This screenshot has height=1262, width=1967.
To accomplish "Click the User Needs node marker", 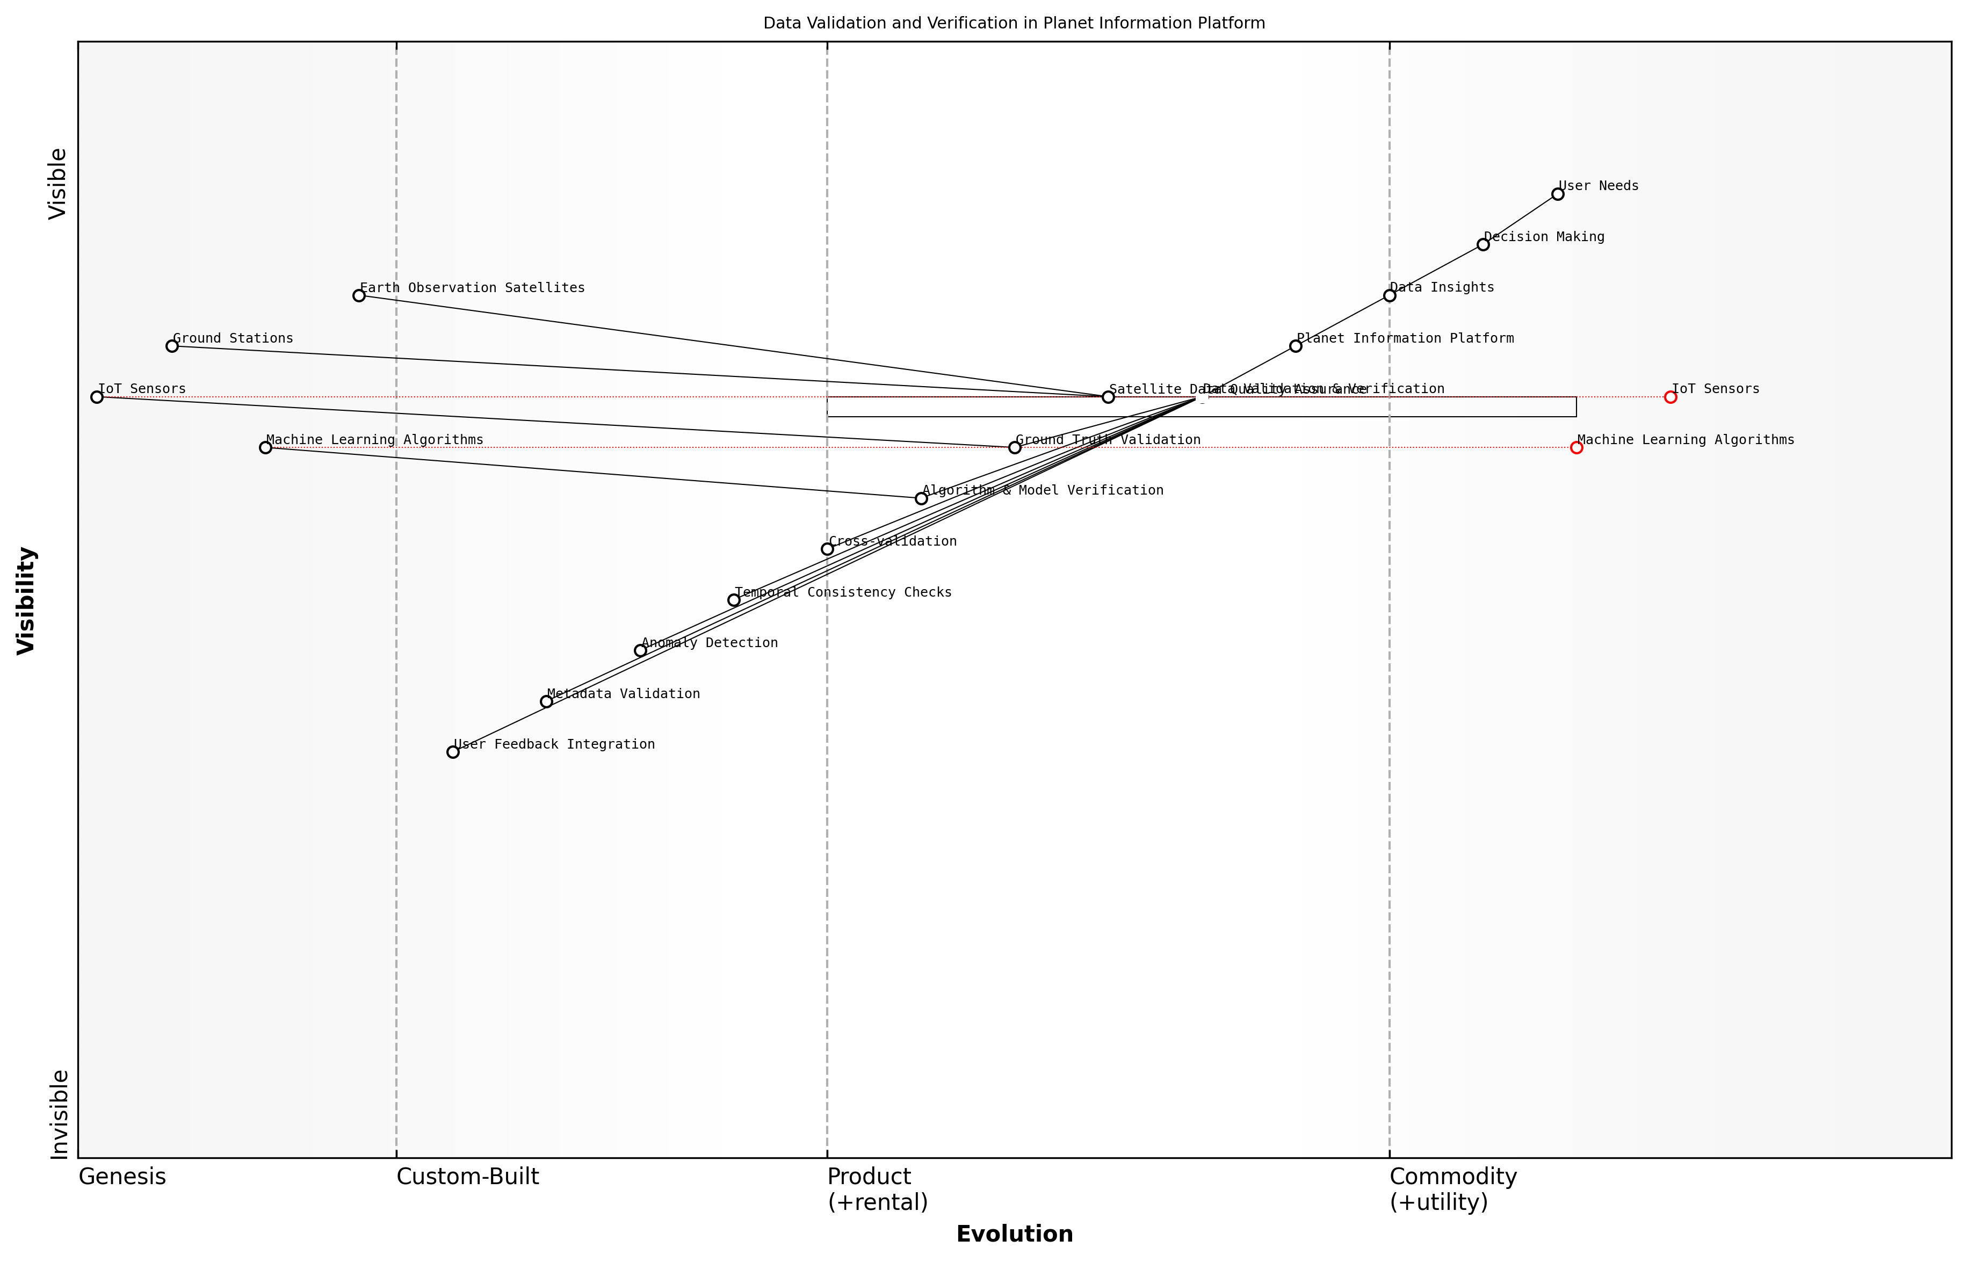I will [1557, 194].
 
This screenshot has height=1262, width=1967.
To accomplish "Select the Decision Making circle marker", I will [1483, 245].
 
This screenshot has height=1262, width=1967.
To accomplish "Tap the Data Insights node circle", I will [1389, 296].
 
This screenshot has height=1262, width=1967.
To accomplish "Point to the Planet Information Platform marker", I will [1295, 346].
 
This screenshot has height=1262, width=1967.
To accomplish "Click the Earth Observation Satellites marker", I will [359, 296].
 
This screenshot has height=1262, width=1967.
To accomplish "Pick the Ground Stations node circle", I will [172, 346].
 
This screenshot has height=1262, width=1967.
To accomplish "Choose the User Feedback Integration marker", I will [453, 752].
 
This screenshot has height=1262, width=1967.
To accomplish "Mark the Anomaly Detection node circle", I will [640, 651].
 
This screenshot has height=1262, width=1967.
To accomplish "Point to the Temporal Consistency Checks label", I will [843, 592].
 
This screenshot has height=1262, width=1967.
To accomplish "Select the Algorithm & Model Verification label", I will [1043, 491].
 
